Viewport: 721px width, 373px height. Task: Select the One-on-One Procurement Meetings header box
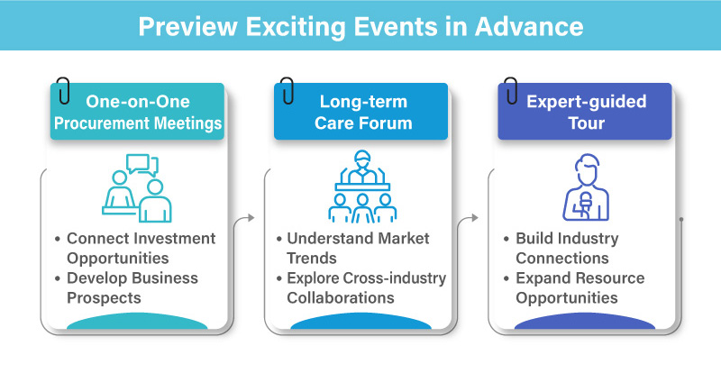[136, 112]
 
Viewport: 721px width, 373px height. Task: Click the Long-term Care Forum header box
[360, 112]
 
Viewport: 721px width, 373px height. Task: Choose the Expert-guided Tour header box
[585, 112]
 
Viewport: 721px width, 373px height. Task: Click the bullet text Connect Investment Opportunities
[141, 248]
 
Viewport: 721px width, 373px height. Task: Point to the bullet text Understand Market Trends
[358, 248]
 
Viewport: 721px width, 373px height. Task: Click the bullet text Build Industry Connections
[579, 248]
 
